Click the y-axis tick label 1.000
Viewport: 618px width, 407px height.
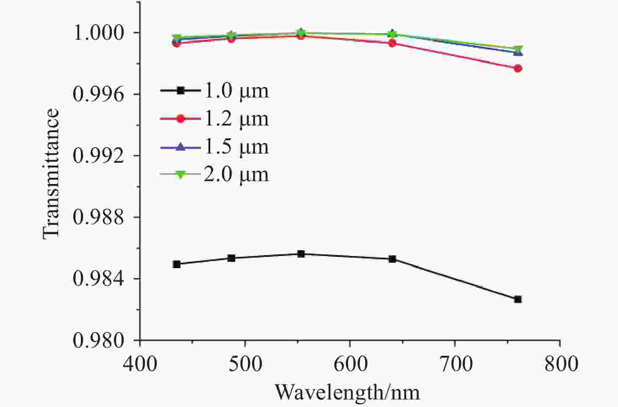tap(99, 33)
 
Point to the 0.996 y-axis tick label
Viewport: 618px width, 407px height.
tap(99, 94)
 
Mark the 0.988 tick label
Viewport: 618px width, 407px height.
tap(99, 217)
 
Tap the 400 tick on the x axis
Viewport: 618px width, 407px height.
tap(140, 363)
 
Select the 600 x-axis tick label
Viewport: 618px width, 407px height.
tap(350, 363)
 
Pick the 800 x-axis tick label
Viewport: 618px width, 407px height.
tap(560, 363)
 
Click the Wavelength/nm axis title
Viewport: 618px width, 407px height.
tap(347, 392)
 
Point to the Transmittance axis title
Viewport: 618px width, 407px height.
tap(51, 173)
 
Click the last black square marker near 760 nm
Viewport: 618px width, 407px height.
tap(518, 299)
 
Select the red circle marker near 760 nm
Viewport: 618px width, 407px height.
tap(518, 69)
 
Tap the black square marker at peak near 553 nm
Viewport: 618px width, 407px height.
tap(301, 254)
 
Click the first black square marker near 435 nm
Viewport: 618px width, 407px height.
tap(177, 264)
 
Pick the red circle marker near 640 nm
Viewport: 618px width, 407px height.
tap(392, 43)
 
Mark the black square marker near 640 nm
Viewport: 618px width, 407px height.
tap(392, 259)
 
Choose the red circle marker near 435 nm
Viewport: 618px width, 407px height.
tap(177, 43)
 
